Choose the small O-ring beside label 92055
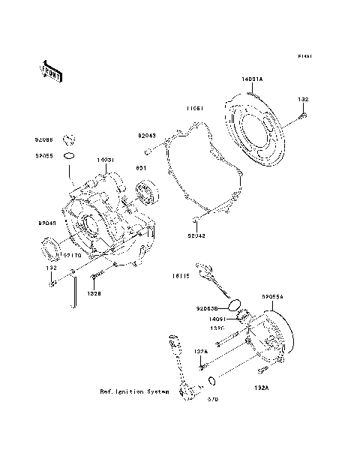tap(69, 155)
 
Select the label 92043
tap(146, 136)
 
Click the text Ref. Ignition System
tap(133, 391)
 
